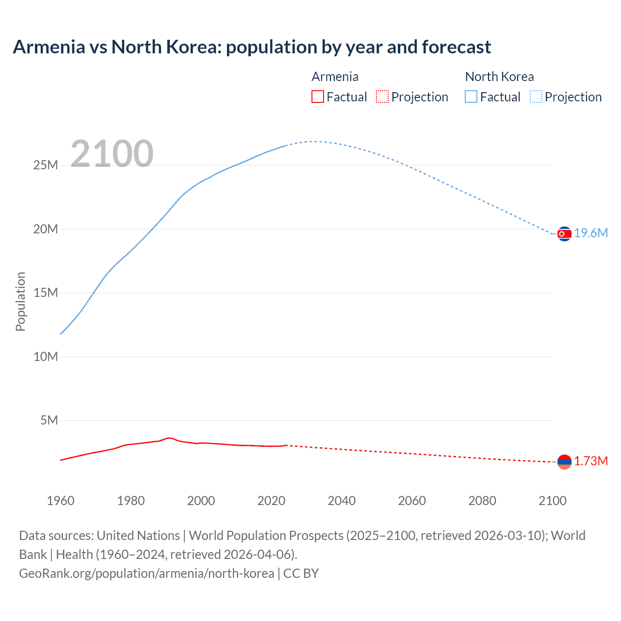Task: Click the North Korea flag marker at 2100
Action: coord(564,234)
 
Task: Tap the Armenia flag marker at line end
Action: coord(564,462)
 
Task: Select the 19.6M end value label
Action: coord(591,233)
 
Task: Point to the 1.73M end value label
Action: coord(591,461)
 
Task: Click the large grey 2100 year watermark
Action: coord(112,154)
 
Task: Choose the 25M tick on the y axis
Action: coord(46,165)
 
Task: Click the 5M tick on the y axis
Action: coord(49,420)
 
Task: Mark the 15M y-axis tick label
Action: coord(46,293)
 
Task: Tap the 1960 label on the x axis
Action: coord(61,501)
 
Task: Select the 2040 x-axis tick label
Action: coord(342,501)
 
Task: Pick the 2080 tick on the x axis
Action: coord(482,501)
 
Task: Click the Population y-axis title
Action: coord(20,301)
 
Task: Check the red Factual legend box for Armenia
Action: coord(318,97)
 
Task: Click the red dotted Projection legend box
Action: coord(382,97)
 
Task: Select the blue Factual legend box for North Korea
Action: coord(471,97)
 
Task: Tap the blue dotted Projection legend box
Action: coord(536,97)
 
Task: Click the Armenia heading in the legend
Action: coord(335,77)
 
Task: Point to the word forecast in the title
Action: coord(456,47)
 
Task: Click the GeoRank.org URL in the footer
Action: coord(147,573)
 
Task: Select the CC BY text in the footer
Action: coord(301,573)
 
